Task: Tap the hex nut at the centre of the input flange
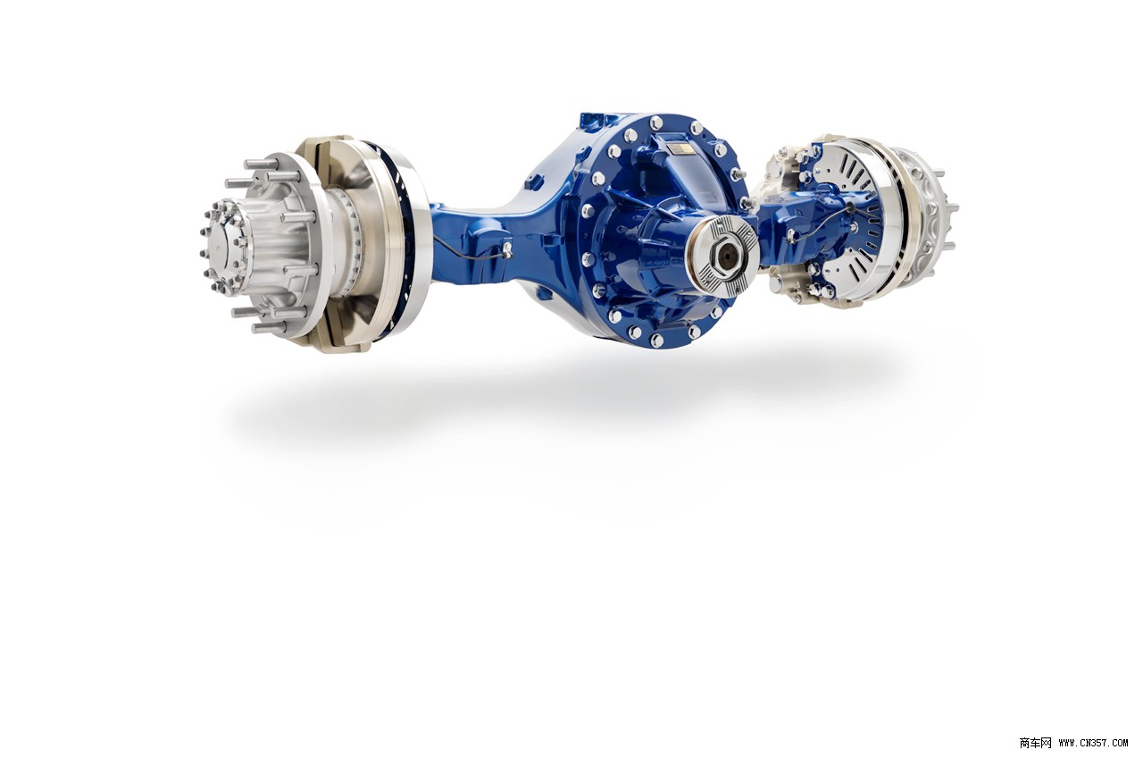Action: (x=722, y=253)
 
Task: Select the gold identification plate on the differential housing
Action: (x=680, y=148)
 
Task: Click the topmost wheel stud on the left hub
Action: (x=262, y=164)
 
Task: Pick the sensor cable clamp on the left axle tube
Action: (x=506, y=248)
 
